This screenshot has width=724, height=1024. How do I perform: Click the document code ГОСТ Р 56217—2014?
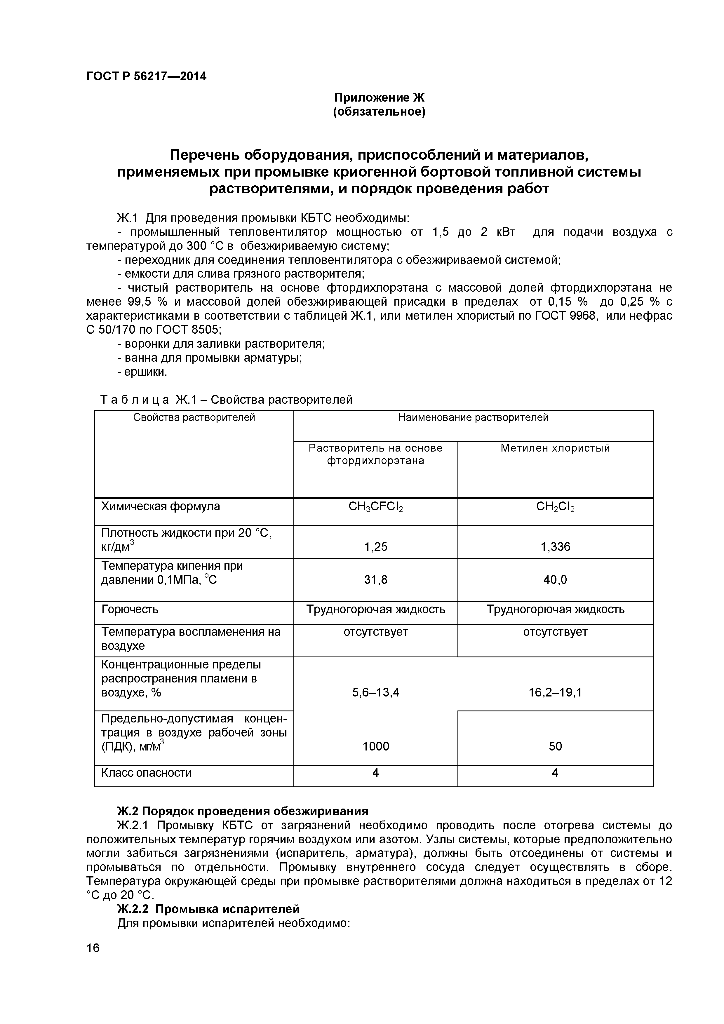point(146,76)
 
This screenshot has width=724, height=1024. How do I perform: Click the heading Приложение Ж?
point(379,97)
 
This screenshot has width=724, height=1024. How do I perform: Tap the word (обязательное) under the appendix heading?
point(379,112)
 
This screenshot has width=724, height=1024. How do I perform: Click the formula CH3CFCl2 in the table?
point(376,507)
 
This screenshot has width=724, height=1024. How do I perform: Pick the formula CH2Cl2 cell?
point(555,507)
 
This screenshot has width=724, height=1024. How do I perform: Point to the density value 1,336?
point(555,547)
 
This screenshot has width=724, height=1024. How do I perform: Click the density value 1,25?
point(376,547)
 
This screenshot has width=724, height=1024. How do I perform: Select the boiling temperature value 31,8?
point(376,579)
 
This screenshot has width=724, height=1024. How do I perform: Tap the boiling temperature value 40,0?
point(555,579)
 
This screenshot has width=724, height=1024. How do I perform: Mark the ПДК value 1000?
point(376,746)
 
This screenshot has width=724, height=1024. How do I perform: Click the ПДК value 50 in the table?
point(555,746)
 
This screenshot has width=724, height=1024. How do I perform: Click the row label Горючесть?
point(130,609)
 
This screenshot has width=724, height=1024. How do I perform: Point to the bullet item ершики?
point(142,372)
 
